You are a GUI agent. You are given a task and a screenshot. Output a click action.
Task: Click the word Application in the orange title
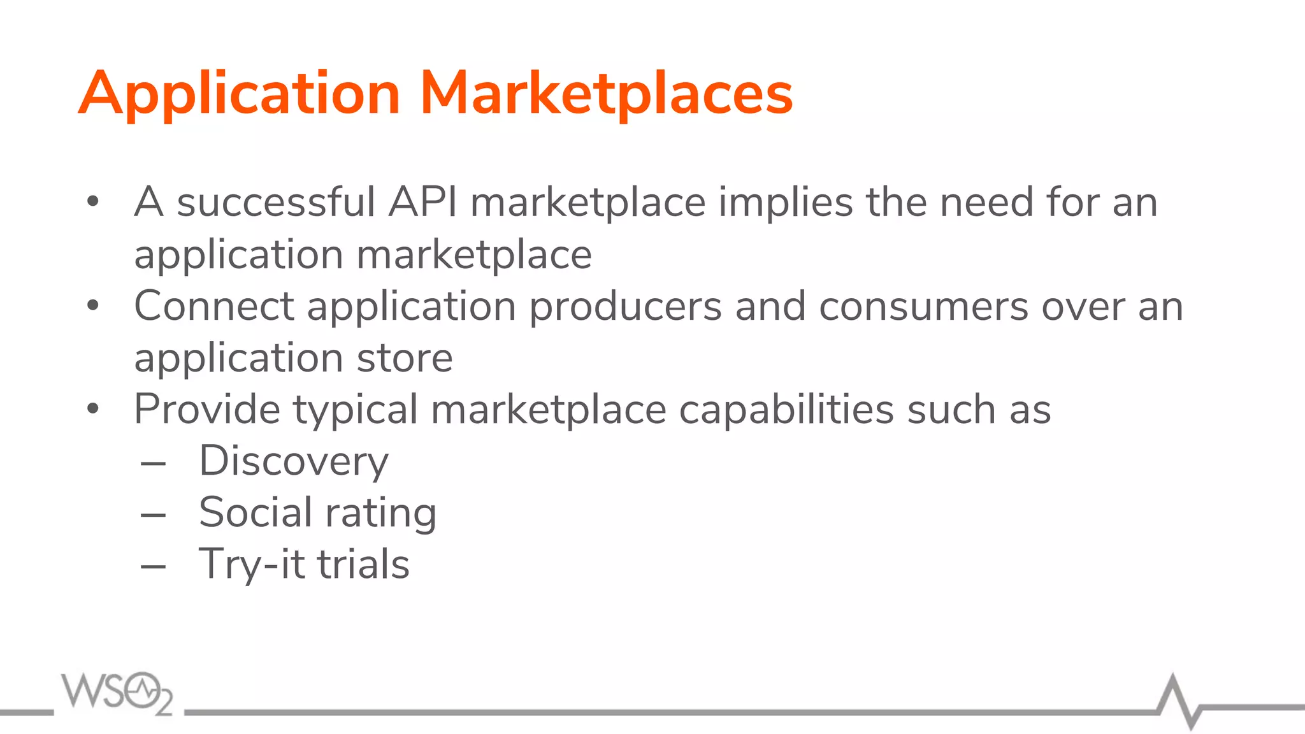[240, 94]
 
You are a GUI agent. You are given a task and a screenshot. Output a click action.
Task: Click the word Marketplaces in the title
[606, 94]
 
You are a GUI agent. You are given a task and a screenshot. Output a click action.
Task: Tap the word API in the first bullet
[422, 202]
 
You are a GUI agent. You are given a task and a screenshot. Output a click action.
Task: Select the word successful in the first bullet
[275, 202]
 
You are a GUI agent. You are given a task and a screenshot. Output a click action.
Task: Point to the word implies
[786, 202]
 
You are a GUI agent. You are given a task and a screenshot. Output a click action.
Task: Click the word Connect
[214, 306]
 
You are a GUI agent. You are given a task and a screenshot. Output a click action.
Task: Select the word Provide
[206, 409]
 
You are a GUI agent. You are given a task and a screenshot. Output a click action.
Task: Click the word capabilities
[786, 409]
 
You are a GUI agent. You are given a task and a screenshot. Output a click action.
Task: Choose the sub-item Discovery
[294, 461]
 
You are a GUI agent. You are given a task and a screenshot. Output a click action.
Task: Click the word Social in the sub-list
[256, 512]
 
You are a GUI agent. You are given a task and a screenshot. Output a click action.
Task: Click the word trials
[363, 565]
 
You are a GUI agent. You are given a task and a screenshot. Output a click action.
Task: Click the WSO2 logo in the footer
[117, 693]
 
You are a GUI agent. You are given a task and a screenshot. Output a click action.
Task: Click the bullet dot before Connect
[93, 306]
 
